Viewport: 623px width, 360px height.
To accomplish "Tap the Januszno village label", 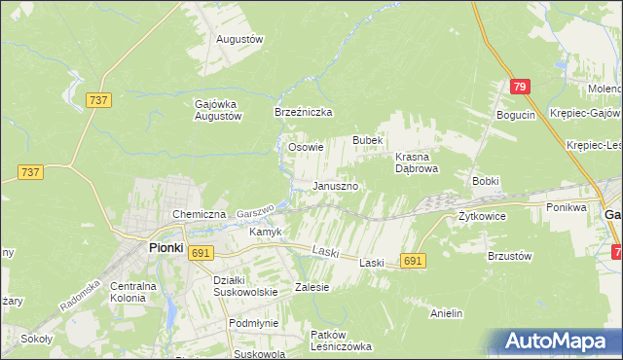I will [x=336, y=186].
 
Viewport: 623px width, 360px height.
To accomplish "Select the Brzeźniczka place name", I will [x=304, y=113].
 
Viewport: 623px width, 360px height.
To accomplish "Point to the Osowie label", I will [x=307, y=148].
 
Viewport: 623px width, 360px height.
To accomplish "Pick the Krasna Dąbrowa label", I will [x=419, y=162].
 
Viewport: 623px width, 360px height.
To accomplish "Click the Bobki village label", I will [x=486, y=182].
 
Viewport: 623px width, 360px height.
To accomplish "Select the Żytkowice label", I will [x=482, y=216].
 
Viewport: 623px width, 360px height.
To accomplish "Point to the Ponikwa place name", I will [x=567, y=207].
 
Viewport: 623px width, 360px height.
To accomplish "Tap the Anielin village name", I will [x=446, y=314].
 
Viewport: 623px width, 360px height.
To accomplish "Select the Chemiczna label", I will [x=199, y=214].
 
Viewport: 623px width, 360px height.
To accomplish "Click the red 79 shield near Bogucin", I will [x=520, y=88].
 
